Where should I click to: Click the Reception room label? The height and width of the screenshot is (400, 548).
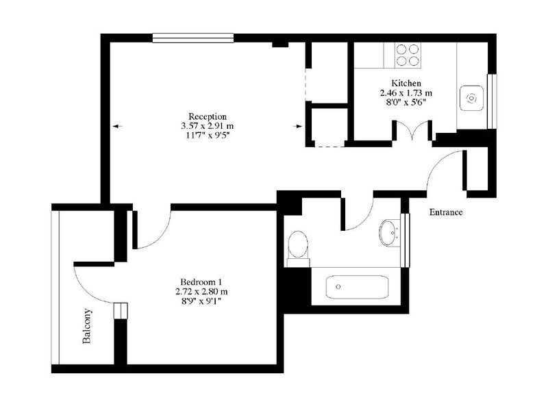tap(208, 116)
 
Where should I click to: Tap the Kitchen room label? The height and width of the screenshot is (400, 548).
tap(406, 84)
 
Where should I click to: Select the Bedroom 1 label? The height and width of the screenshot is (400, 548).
tap(201, 282)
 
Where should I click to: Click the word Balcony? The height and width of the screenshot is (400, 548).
tap(87, 326)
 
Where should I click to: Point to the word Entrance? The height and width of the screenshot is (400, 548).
tap(446, 212)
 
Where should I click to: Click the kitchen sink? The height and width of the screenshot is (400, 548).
tap(472, 98)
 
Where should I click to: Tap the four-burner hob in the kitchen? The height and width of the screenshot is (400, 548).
tap(408, 55)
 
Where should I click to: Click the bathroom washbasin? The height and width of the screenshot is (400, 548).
tap(390, 232)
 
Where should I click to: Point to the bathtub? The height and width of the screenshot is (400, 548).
tap(357, 287)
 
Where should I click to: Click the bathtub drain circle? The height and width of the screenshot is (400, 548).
tap(338, 287)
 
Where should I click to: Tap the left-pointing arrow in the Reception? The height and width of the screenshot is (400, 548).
tap(117, 126)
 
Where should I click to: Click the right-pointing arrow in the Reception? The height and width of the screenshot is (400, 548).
tap(297, 126)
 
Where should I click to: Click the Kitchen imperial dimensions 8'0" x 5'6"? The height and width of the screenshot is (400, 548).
tap(406, 102)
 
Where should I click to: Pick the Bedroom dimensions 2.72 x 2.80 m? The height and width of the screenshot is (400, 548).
tap(201, 291)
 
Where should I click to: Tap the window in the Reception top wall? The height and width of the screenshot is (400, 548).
tap(193, 38)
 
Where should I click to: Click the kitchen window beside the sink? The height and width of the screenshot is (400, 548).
tap(492, 101)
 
